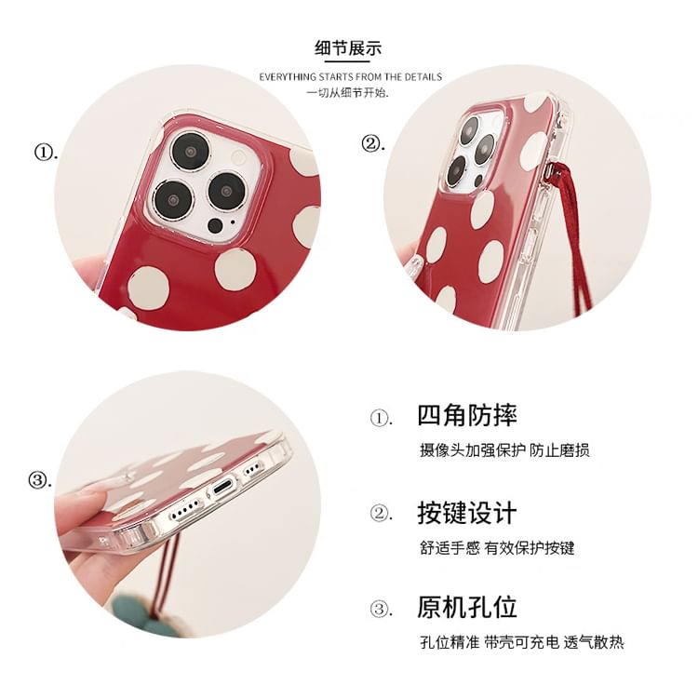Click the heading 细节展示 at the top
point(349,49)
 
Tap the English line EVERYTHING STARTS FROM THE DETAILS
point(350,76)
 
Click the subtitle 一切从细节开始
point(348,93)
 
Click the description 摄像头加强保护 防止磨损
point(504,450)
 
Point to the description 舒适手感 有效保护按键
point(497,547)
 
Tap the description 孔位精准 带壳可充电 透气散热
point(521,642)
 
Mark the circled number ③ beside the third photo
point(39,480)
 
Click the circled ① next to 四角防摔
point(381,418)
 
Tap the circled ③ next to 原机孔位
point(381,611)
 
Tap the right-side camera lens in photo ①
point(226,189)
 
